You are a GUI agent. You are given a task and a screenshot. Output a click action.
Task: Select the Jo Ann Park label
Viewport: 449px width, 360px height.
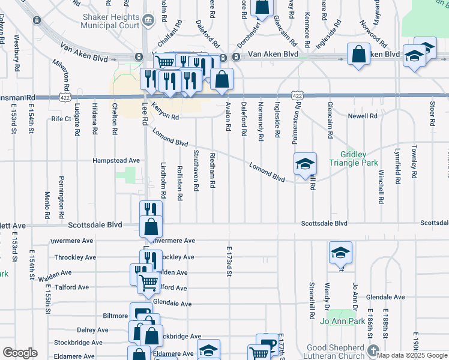[x=343, y=321]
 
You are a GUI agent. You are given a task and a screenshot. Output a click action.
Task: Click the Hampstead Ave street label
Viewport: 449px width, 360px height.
[x=116, y=161]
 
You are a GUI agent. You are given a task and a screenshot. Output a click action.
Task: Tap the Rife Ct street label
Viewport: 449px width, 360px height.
[x=61, y=119]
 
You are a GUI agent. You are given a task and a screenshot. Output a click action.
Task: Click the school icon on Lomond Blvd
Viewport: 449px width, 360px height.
[x=305, y=163]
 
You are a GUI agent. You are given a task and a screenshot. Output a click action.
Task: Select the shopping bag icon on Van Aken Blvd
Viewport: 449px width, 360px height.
[x=358, y=53]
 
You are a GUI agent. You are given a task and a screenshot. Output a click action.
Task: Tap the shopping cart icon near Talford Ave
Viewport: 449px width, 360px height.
[x=148, y=281]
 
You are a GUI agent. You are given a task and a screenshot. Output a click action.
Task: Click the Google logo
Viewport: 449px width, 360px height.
[x=20, y=353]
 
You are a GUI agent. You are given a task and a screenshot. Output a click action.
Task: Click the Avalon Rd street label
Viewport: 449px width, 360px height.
[x=228, y=117]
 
